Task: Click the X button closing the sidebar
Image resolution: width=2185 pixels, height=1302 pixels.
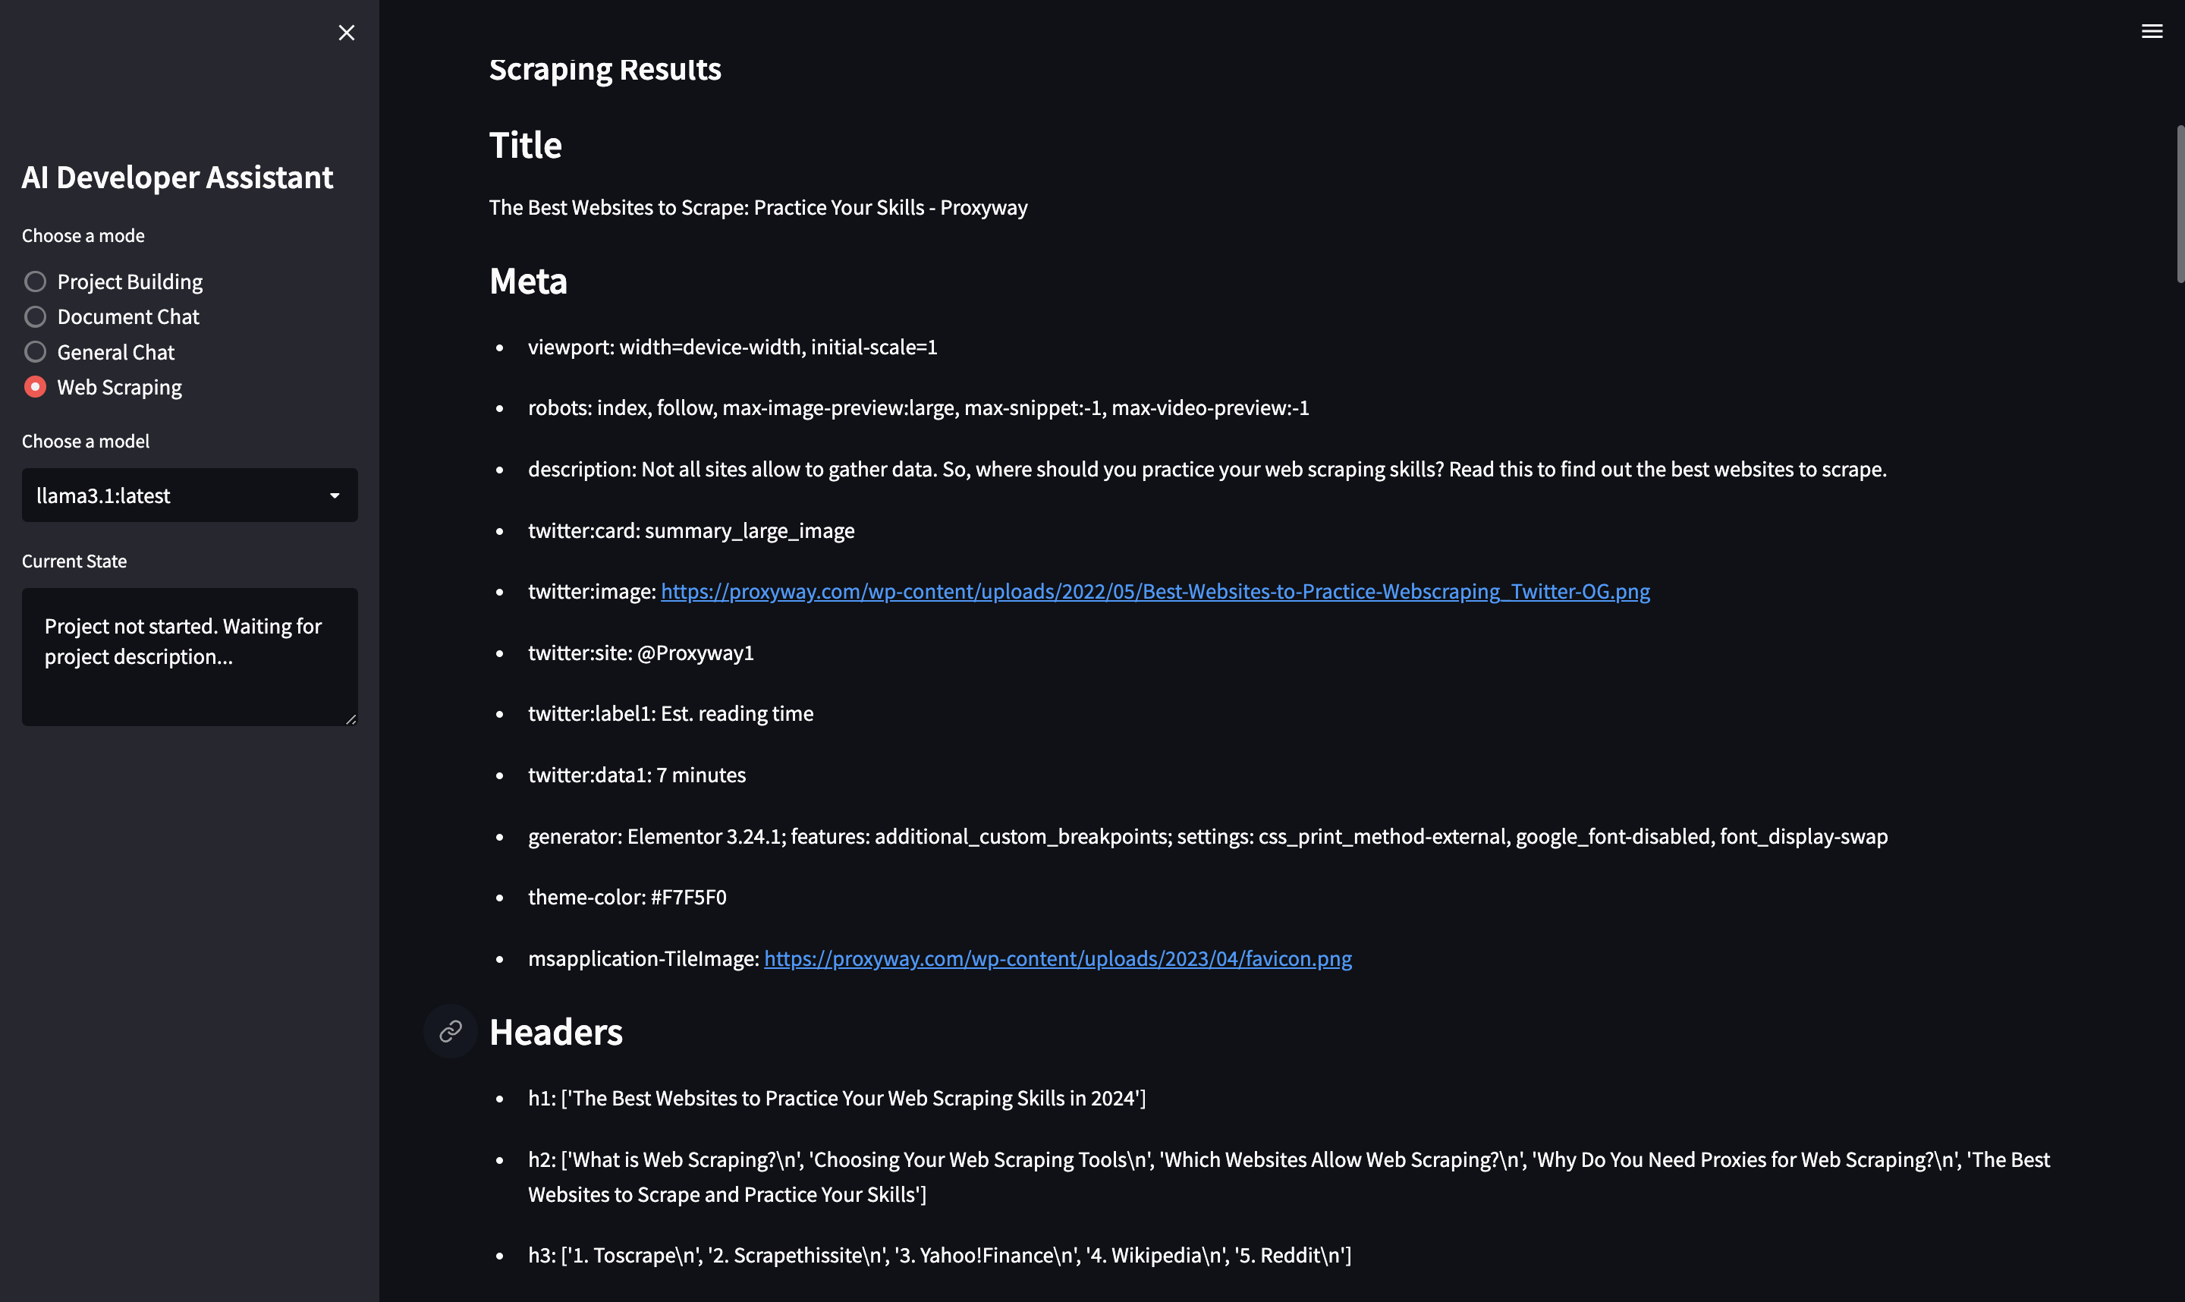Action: point(347,33)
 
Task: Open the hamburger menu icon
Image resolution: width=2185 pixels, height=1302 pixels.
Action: point(2152,32)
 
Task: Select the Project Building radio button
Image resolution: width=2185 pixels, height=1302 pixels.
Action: point(35,281)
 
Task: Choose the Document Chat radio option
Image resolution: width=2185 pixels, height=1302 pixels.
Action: point(35,316)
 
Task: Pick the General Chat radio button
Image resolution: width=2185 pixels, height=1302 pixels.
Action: point(35,352)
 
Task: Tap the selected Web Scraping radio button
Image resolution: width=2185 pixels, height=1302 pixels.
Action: point(35,387)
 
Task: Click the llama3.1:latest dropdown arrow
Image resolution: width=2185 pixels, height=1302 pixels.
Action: point(334,495)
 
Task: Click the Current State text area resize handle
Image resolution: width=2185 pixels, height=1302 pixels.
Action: point(351,719)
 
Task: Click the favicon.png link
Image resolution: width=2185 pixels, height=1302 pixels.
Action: point(1057,958)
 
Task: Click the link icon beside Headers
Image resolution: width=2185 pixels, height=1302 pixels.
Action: point(450,1031)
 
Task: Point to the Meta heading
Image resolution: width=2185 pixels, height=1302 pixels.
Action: point(528,281)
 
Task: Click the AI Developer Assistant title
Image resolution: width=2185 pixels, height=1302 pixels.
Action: point(178,178)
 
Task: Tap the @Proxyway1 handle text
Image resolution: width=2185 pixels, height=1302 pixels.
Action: point(695,653)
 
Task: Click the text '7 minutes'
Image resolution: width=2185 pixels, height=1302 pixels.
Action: point(701,775)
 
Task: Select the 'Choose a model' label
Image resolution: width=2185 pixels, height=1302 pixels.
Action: point(85,442)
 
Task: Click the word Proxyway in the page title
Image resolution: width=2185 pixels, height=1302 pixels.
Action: point(983,208)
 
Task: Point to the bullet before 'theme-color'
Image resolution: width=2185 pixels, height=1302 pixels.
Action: point(500,898)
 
